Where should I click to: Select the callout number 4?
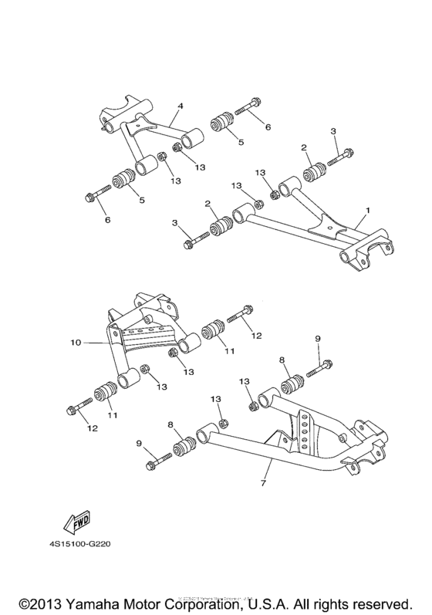(x=180, y=106)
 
